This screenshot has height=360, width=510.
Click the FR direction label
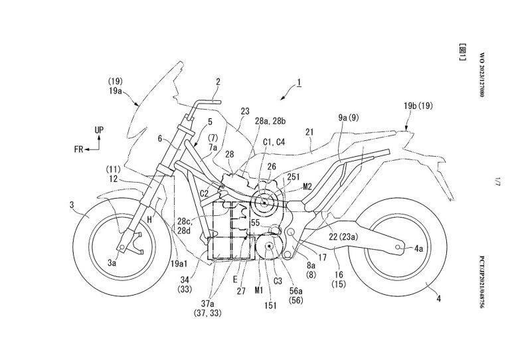[81, 149]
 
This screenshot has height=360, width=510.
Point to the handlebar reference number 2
[217, 82]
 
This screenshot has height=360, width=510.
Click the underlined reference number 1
[300, 83]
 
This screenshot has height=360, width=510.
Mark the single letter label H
[149, 219]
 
